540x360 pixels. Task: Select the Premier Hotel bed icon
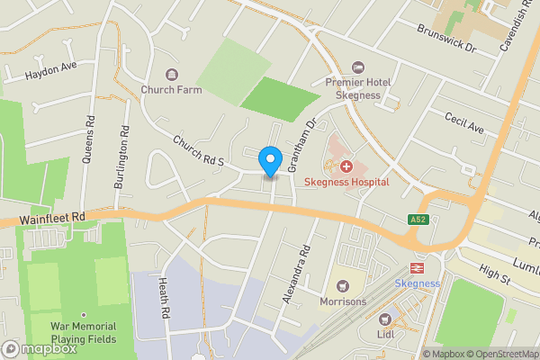tap(357, 67)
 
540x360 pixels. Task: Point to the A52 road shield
tap(417, 220)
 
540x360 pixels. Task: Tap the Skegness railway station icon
tap(418, 267)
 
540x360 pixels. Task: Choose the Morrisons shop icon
tap(342, 286)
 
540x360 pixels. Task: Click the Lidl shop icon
tap(386, 319)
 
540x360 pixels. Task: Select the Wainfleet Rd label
tap(54, 217)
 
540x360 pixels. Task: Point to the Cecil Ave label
tap(464, 121)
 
